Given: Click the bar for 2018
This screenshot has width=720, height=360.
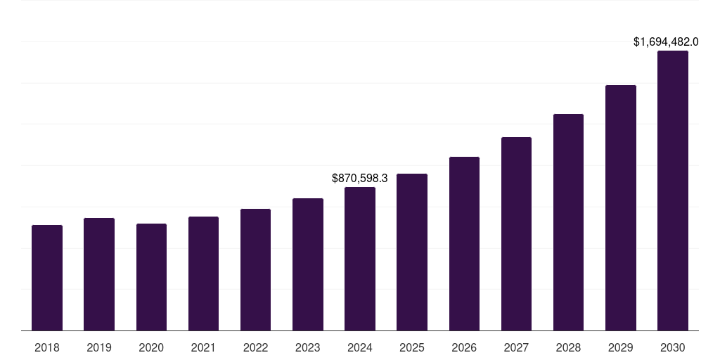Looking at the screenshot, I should pyautogui.click(x=47, y=278).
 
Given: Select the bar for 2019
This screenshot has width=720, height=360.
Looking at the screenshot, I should pyautogui.click(x=99, y=274).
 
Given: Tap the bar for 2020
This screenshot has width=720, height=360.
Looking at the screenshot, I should pyautogui.click(x=151, y=277).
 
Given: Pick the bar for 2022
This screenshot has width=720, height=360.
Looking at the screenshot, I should pyautogui.click(x=255, y=269).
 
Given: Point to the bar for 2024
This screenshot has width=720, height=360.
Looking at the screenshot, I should pyautogui.click(x=360, y=259).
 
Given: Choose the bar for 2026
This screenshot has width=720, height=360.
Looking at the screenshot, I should pyautogui.click(x=464, y=243).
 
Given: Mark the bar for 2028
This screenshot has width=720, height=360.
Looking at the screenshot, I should pyautogui.click(x=568, y=222).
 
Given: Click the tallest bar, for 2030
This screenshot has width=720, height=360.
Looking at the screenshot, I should pyautogui.click(x=672, y=191).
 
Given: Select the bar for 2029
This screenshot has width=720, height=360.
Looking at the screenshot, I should pyautogui.click(x=620, y=207).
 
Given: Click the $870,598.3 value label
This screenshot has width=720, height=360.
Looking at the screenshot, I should pyautogui.click(x=360, y=179).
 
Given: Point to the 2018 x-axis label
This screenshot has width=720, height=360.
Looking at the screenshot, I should pyautogui.click(x=47, y=347).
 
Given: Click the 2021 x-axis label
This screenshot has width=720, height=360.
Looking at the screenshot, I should pyautogui.click(x=203, y=347).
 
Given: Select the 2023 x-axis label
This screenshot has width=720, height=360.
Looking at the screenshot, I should pyautogui.click(x=307, y=347).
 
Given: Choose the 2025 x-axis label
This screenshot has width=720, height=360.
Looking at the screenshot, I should pyautogui.click(x=412, y=347).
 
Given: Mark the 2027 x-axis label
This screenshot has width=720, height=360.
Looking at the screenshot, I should pyautogui.click(x=516, y=347).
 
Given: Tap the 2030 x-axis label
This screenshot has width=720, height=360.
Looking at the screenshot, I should pyautogui.click(x=672, y=347).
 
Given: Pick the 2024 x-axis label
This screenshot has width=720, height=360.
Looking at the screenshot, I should pyautogui.click(x=360, y=347).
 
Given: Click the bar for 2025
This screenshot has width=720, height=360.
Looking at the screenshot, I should pyautogui.click(x=412, y=252).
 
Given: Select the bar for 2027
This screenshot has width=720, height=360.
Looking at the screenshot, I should pyautogui.click(x=516, y=233).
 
